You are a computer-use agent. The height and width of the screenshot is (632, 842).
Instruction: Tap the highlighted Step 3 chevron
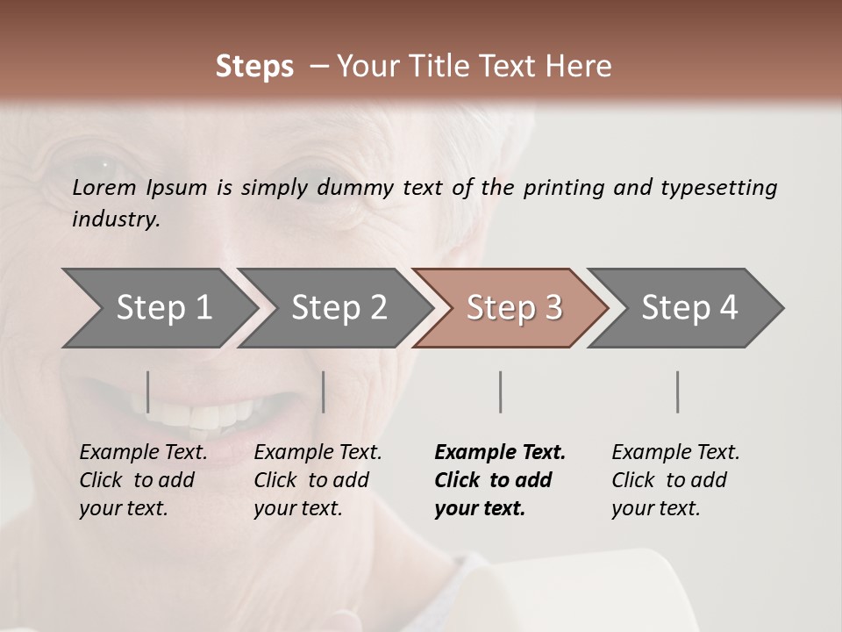point(510,308)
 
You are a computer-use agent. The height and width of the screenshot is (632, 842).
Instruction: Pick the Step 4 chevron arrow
point(686,308)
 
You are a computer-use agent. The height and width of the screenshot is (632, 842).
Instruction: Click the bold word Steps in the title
point(254,67)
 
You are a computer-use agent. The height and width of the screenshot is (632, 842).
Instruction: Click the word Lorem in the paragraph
point(103,188)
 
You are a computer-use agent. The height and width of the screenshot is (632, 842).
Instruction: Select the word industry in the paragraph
point(116,219)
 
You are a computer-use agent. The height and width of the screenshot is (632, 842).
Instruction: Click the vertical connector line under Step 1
point(148,391)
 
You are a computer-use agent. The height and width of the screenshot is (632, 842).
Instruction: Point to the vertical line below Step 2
point(324,391)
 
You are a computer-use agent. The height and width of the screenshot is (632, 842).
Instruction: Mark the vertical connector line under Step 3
point(501,391)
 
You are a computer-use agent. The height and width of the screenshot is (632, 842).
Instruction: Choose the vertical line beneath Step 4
point(678,391)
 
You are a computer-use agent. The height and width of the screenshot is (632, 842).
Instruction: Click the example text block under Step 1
point(143,480)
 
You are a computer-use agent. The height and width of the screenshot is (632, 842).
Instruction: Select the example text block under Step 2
point(318,480)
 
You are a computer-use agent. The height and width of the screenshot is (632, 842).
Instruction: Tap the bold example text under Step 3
point(500,480)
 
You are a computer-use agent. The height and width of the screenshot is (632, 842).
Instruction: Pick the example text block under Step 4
point(675,480)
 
